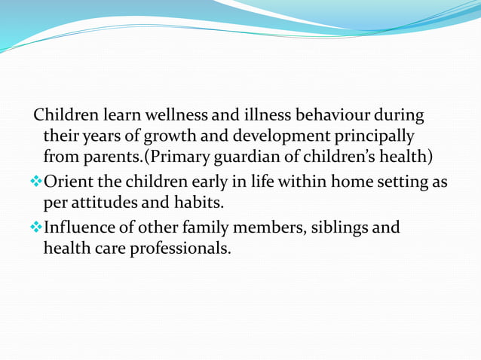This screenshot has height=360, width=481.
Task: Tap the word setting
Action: coord(405,182)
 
